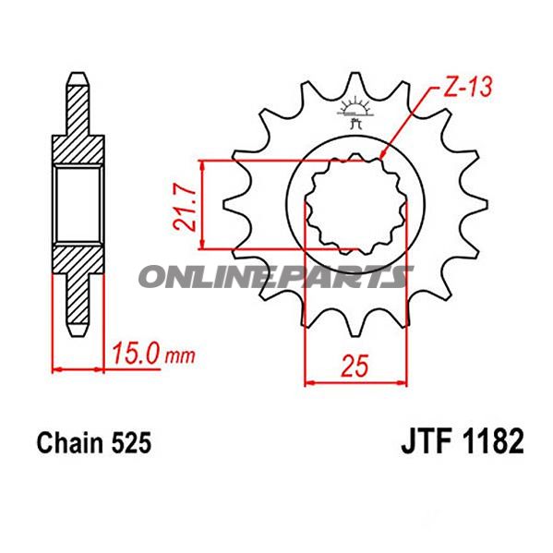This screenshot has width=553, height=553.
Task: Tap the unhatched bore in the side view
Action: (x=78, y=204)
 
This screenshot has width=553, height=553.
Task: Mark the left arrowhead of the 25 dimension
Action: (x=310, y=380)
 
